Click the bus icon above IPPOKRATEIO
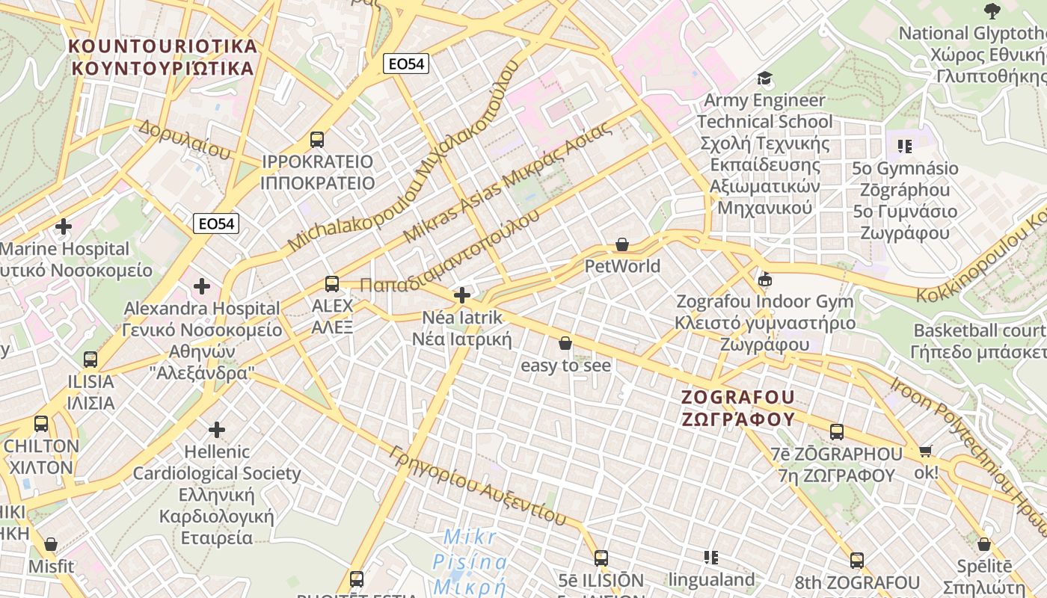[x=317, y=139]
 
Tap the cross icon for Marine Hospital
[x=64, y=226]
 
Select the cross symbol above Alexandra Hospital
[x=201, y=286]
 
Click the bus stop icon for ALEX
[x=332, y=284]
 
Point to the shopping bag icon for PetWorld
[x=621, y=244]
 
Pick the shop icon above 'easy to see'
[x=565, y=343]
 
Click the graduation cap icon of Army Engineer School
[x=764, y=78]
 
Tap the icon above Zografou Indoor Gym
[x=764, y=280]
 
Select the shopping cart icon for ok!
[x=926, y=451]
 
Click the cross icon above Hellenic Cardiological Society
[x=217, y=430]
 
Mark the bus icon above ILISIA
[x=90, y=360]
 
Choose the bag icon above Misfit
[x=51, y=544]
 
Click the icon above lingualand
[x=711, y=557]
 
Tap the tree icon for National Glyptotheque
[x=992, y=11]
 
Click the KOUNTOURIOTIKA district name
[x=163, y=46]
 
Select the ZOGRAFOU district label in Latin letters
[x=738, y=397]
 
